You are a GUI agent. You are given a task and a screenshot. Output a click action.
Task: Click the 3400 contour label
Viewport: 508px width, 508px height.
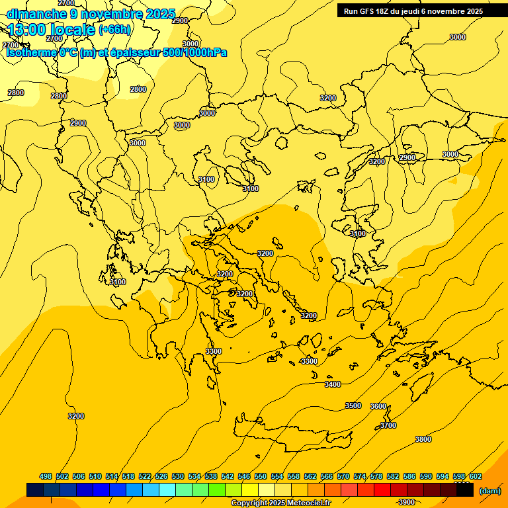(x=333, y=384)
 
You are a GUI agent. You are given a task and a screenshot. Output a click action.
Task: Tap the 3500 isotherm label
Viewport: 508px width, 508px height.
(x=353, y=405)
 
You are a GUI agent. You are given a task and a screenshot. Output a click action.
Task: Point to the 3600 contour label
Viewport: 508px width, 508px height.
(x=378, y=406)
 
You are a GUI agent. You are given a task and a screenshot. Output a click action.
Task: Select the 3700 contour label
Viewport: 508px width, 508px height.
(x=388, y=425)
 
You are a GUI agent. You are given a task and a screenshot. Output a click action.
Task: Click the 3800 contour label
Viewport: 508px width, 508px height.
(x=423, y=439)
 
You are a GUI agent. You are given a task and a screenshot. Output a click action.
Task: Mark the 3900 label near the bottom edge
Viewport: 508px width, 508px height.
(x=407, y=502)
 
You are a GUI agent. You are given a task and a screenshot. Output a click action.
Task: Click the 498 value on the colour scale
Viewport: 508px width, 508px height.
(x=46, y=476)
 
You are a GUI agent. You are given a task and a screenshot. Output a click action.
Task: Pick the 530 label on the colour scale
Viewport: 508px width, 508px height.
(x=178, y=476)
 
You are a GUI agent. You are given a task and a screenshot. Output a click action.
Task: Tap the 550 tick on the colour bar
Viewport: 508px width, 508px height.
(x=261, y=476)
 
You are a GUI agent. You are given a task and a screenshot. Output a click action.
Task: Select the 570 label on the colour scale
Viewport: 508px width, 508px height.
(x=343, y=476)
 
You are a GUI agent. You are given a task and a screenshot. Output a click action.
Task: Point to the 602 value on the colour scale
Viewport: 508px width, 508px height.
(x=476, y=476)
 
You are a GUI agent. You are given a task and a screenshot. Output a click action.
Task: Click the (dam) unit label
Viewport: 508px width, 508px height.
(x=489, y=491)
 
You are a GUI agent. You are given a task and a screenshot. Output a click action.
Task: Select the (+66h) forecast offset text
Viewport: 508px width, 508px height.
(x=114, y=30)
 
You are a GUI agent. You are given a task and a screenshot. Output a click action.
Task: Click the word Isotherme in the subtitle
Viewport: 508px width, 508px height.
(x=31, y=52)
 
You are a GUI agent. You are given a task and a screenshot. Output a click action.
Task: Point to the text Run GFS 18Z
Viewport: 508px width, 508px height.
(x=368, y=11)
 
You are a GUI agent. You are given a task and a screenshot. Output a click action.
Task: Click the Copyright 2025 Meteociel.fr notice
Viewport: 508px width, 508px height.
(x=280, y=503)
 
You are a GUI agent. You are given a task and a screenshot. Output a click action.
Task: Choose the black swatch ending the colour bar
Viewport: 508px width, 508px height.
(x=465, y=490)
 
